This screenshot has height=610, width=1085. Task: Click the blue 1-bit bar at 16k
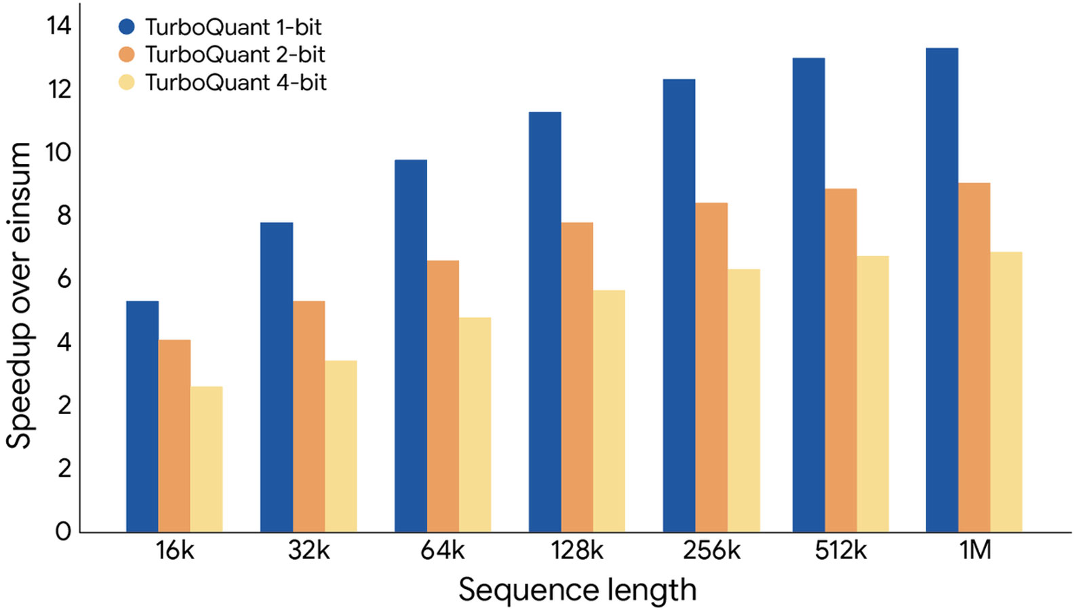click(x=142, y=416)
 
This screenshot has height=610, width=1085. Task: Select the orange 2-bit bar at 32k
click(x=309, y=416)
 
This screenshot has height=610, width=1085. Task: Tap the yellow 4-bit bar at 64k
click(x=475, y=424)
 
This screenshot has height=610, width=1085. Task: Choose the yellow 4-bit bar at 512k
click(x=873, y=394)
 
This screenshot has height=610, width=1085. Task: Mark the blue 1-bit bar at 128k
click(x=545, y=322)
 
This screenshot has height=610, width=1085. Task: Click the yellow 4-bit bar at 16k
click(x=206, y=459)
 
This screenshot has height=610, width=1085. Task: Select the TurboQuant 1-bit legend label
click(x=233, y=27)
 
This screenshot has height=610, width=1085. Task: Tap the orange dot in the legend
click(x=127, y=54)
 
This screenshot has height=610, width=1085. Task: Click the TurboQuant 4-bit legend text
click(x=236, y=83)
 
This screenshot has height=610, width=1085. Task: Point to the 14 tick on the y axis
click(x=59, y=26)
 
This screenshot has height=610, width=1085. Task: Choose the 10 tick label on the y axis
click(x=58, y=152)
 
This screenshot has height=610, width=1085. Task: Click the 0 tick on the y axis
click(x=63, y=531)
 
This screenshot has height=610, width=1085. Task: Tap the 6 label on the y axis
click(x=64, y=279)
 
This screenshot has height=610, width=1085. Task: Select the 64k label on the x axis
click(x=442, y=550)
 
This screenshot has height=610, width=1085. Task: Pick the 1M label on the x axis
click(x=974, y=550)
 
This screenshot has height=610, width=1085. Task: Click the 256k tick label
click(x=711, y=550)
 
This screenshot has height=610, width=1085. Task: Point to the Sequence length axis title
click(x=577, y=590)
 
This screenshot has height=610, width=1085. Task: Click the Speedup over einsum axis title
click(x=19, y=296)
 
